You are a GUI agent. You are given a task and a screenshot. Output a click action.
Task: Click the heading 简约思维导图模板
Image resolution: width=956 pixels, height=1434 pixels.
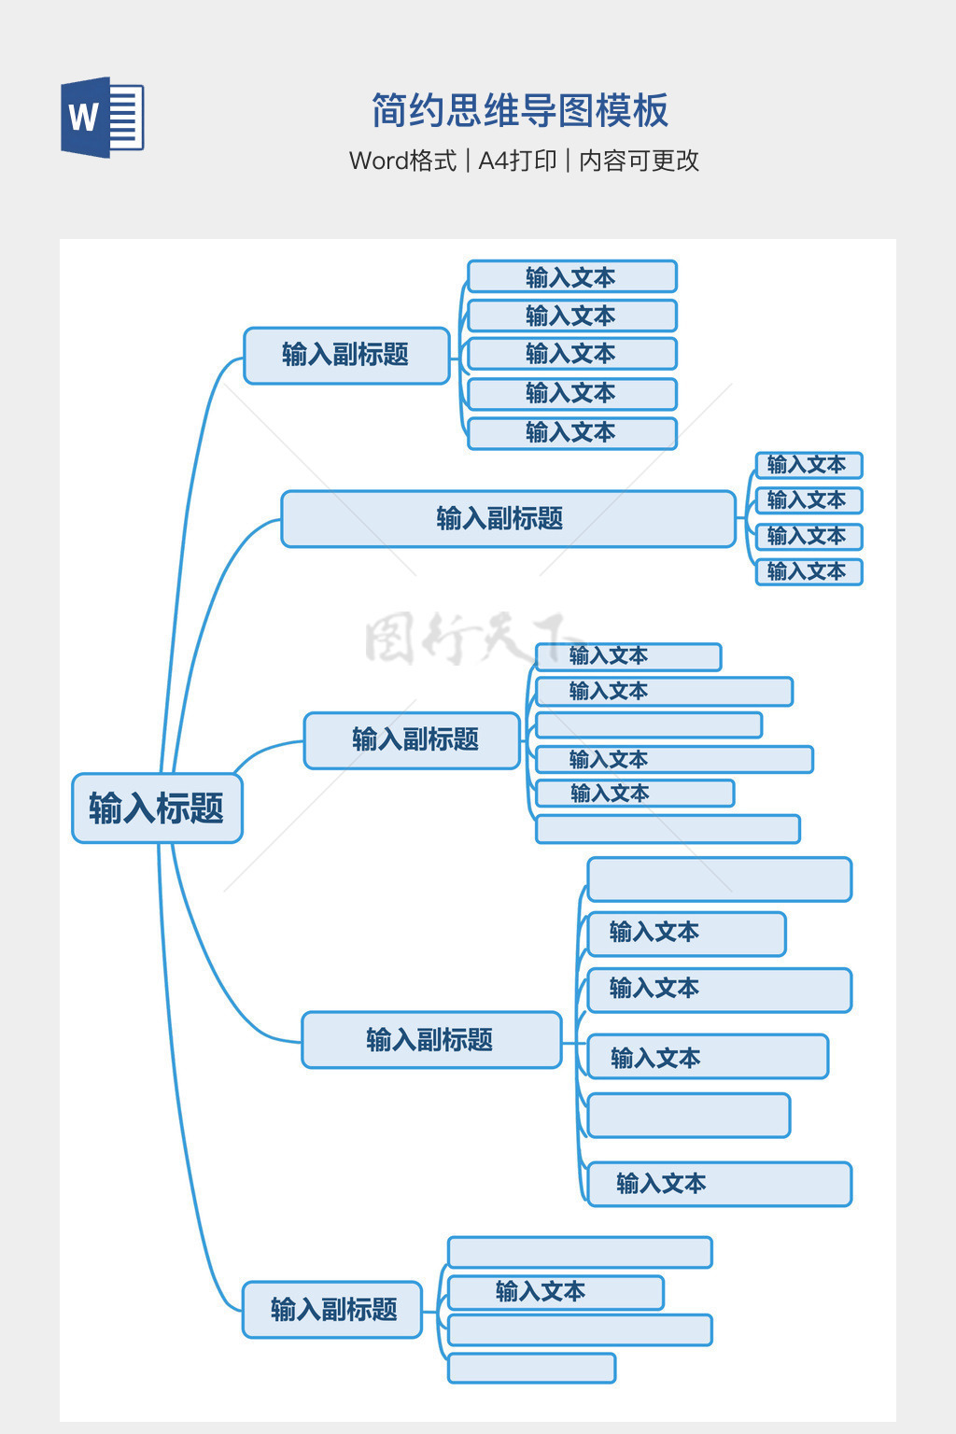coord(520,110)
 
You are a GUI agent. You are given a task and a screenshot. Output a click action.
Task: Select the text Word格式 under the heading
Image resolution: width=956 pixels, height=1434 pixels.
coord(402,161)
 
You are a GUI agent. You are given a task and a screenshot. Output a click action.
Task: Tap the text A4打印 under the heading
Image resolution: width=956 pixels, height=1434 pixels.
coord(517,161)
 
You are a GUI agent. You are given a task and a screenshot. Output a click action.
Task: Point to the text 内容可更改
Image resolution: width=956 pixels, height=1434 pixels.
coord(640,161)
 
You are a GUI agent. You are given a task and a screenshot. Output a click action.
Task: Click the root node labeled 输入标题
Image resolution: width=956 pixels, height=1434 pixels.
coord(157,808)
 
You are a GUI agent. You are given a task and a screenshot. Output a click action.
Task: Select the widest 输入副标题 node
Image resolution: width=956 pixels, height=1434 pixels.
coord(508,518)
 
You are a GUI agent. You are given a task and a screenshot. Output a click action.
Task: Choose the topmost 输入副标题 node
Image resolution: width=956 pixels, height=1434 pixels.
coord(346,355)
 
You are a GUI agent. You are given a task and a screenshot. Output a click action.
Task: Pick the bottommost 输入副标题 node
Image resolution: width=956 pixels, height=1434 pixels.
coord(332,1309)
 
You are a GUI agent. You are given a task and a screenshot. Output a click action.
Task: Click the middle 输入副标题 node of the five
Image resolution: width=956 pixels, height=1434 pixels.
coord(412,739)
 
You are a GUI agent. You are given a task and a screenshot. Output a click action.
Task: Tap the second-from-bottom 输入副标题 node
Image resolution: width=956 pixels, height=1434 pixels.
coord(431,1039)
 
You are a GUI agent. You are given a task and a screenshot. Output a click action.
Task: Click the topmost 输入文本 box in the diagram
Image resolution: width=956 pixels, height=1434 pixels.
coord(571,276)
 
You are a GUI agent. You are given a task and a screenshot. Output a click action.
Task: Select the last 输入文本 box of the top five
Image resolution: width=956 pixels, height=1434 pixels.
coord(571,433)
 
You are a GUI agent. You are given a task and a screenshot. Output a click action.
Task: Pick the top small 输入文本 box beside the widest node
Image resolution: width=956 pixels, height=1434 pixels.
coord(808,465)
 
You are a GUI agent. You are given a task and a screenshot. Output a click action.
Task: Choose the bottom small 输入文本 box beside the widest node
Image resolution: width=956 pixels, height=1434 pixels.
coord(808,571)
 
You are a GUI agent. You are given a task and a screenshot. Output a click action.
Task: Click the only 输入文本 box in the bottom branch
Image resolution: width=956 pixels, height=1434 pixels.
coord(555,1292)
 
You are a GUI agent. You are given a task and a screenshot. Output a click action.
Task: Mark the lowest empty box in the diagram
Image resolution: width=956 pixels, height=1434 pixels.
coord(531,1368)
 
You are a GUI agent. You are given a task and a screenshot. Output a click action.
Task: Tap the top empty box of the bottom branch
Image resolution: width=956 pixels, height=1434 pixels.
coord(580,1252)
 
